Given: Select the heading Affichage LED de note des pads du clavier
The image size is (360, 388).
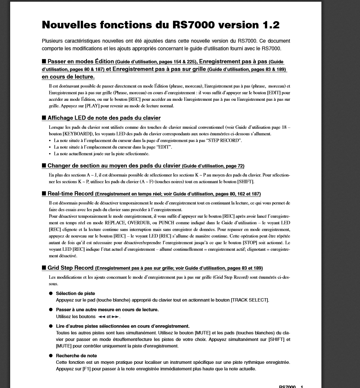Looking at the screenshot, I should coord(104,118).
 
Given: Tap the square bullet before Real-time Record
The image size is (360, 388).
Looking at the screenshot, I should coord(44,194).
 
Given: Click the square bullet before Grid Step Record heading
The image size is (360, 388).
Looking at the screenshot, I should coord(44,268).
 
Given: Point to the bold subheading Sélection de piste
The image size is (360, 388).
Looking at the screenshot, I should coord(75,293).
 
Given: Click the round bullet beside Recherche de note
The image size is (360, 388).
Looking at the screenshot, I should coord(51,356).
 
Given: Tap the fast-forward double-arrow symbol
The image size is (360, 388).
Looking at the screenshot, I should coord(116,316).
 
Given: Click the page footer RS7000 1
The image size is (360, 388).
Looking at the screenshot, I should coord(291,386).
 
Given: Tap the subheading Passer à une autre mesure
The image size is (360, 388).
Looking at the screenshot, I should coord(107,310).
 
